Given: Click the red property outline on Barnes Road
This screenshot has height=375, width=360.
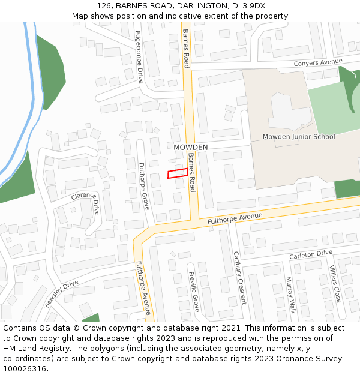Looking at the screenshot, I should coord(178,173).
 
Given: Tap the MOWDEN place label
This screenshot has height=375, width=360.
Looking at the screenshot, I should coord(191,147).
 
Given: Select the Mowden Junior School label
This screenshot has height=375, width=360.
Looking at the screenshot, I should coord(299,137).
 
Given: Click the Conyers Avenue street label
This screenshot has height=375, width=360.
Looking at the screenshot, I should coord(317,62).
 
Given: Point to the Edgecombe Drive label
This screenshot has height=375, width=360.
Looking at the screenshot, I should coord(139,57).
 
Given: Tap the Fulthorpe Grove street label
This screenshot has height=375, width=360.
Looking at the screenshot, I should coord(144,186).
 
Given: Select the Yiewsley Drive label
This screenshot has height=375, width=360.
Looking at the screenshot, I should coord(61,292).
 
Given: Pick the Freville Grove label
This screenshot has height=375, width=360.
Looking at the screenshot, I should coord(194,292).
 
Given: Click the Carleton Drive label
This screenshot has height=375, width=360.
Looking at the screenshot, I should coord(310,254).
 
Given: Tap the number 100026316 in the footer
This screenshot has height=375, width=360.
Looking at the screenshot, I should coord(26,368).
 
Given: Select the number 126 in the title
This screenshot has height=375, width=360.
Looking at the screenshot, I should coord(103,6).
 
